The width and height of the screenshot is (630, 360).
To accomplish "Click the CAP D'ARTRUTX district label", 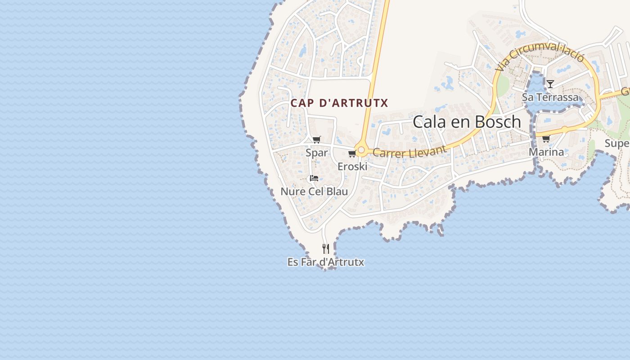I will [x=339, y=103].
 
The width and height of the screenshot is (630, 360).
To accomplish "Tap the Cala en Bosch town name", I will [x=467, y=122].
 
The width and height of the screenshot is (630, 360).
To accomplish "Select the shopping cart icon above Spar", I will [x=317, y=139].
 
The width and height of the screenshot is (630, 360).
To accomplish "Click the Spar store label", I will [x=317, y=153].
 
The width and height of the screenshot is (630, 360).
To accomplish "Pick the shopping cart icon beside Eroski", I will [x=352, y=154].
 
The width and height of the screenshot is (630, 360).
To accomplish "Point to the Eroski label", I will [x=352, y=166].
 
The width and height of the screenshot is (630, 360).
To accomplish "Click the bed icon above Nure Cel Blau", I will [x=314, y=178].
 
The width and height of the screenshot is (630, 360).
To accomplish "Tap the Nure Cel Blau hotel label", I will [x=314, y=192].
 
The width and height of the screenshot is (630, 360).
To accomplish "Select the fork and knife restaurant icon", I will [x=326, y=248].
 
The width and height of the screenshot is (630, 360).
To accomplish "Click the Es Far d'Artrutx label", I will [x=326, y=262].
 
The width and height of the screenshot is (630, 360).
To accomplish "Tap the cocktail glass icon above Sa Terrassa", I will [x=550, y=84].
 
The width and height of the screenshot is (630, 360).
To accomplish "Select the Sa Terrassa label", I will [x=550, y=97].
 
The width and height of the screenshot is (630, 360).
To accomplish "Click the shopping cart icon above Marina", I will [x=546, y=139].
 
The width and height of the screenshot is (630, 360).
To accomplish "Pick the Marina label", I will [x=546, y=152].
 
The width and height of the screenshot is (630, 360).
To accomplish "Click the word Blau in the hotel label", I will [x=337, y=192].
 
